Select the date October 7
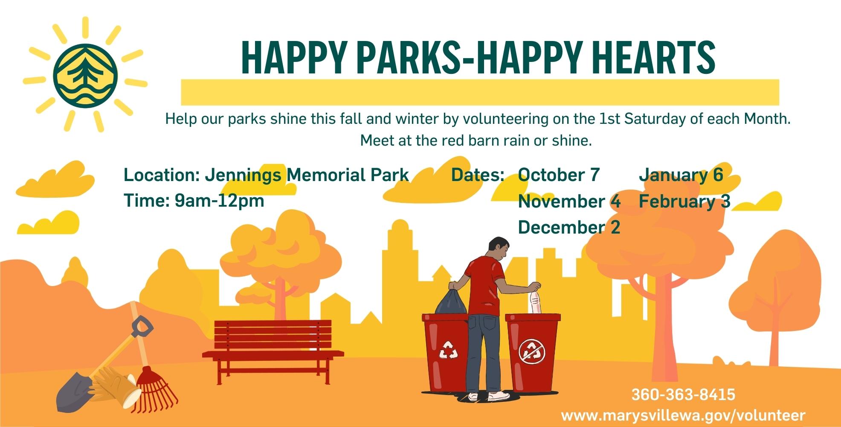point(559,175)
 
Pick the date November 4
point(569,201)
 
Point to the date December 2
point(568,228)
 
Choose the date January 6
point(681,175)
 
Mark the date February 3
point(684,201)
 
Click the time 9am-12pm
point(219,201)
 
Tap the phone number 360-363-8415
point(683,394)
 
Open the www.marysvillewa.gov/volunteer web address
point(683,415)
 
